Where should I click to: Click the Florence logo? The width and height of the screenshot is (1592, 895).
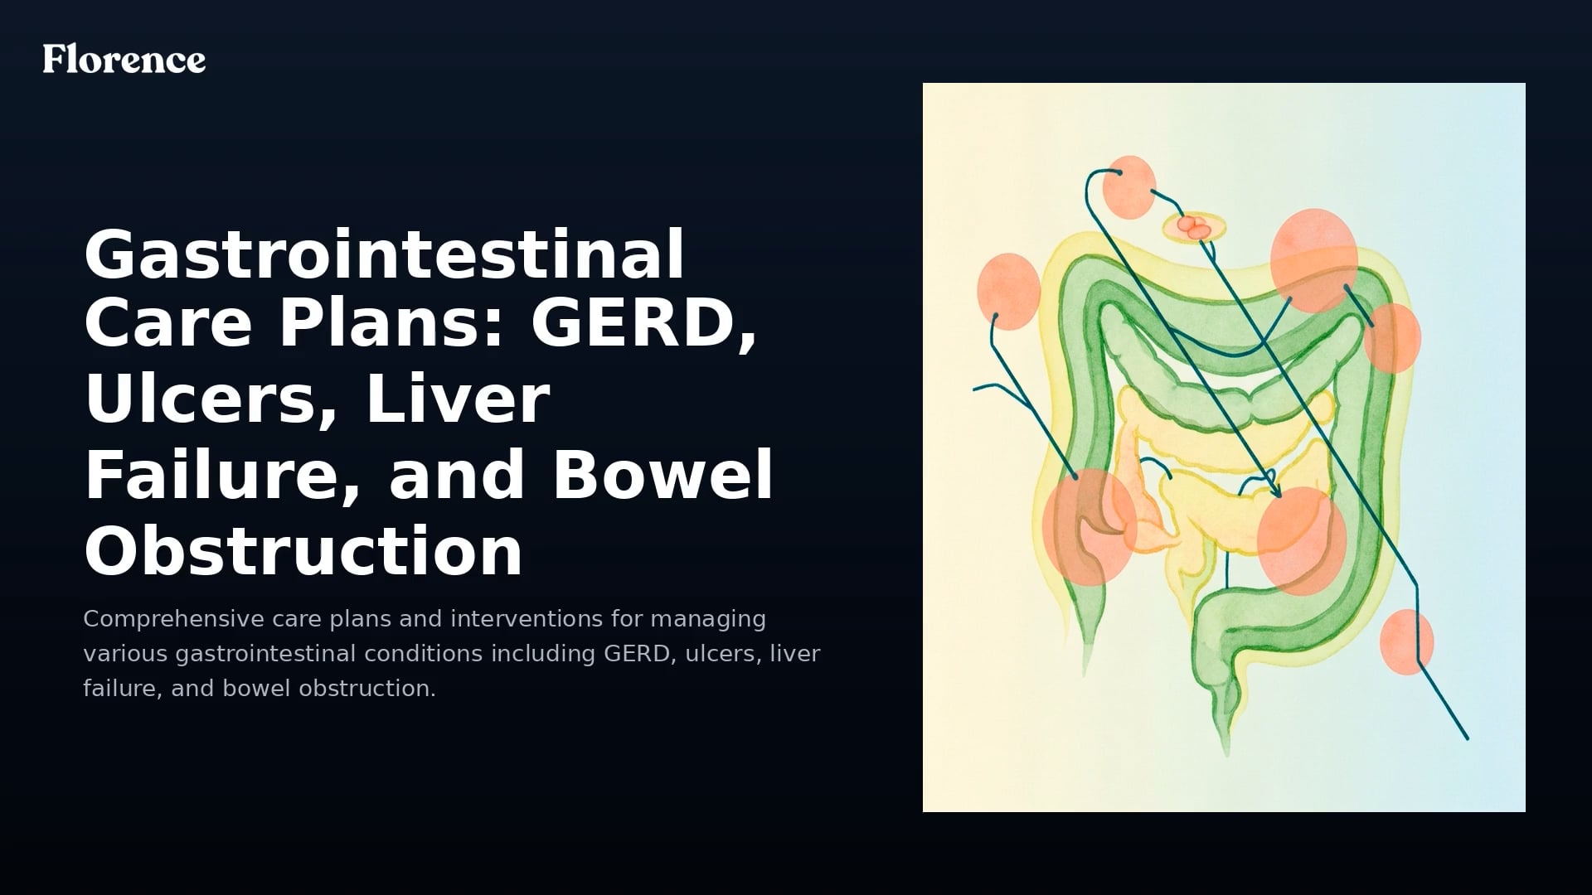(124, 60)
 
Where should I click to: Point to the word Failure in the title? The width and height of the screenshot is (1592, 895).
(222, 474)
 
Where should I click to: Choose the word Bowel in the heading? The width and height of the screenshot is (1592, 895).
(663, 474)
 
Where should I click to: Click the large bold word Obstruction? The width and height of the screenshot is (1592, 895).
(303, 550)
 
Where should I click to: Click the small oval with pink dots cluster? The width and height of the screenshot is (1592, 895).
(1195, 226)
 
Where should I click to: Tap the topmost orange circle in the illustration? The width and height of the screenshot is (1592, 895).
(1129, 187)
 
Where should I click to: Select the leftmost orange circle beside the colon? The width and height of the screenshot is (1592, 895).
(1008, 292)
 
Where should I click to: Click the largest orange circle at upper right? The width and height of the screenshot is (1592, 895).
(1313, 260)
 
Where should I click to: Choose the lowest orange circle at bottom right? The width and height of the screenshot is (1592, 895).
(1406, 642)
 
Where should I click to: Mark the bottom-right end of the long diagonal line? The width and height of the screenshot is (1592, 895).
(1467, 738)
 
